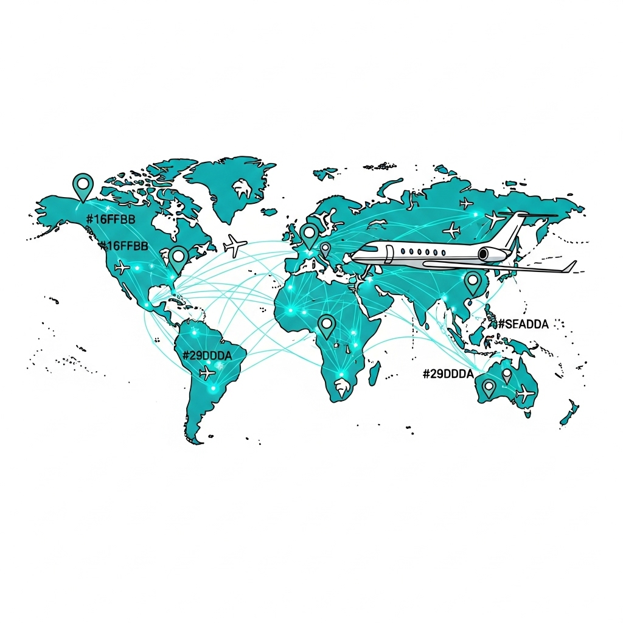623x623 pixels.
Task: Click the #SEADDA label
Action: (523, 324)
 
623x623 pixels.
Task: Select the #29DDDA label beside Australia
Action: (448, 374)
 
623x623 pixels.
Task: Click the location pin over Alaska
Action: (82, 185)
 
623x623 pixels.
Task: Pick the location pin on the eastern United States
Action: (178, 258)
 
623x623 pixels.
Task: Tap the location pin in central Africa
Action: (327, 325)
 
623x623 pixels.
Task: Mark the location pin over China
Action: (473, 282)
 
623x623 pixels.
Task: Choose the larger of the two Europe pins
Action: (310, 234)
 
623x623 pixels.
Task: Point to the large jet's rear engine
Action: (492, 254)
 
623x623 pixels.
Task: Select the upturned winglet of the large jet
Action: (570, 266)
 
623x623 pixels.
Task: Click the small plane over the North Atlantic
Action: (235, 245)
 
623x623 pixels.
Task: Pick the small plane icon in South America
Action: (207, 372)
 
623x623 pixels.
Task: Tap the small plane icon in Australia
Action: (525, 394)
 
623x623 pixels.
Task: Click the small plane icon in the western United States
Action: (122, 266)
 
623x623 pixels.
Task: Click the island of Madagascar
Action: (374, 372)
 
